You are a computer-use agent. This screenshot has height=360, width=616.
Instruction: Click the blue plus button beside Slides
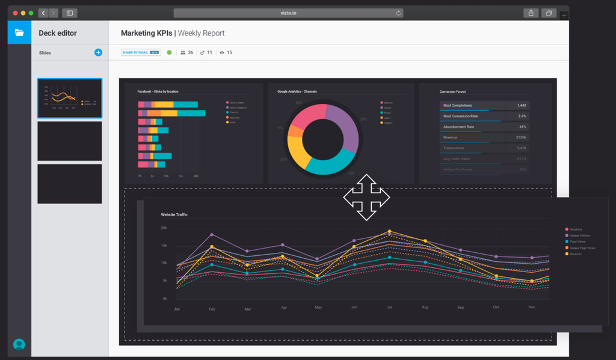pos(98,52)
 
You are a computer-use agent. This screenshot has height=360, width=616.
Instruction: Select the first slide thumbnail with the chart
pos(70,98)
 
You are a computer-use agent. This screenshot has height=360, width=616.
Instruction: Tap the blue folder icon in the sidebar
pos(19,33)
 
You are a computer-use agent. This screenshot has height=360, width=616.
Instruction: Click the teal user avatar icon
pos(19,344)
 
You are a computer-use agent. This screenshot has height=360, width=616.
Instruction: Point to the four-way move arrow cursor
pos(366,197)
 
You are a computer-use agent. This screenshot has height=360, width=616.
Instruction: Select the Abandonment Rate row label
pos(458,127)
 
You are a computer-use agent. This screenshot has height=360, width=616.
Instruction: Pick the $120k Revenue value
pos(521,137)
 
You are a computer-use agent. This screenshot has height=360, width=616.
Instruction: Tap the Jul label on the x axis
pos(389,308)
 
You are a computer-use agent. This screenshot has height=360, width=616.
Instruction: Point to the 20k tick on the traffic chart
pos(164,228)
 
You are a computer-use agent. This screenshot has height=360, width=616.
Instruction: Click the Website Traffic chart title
pos(174,214)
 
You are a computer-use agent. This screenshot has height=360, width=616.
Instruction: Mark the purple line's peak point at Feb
pos(212,235)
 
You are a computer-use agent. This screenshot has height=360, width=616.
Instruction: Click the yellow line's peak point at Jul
pos(389,231)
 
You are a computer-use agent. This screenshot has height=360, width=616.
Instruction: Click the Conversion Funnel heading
pos(452,92)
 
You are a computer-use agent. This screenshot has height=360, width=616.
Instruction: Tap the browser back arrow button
pos(43,13)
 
